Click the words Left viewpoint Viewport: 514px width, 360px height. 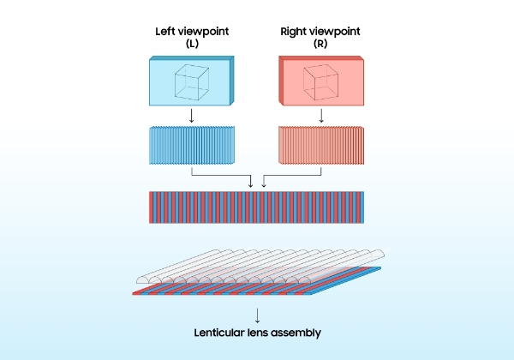click(192, 32)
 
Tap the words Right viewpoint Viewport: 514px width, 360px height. click(320, 32)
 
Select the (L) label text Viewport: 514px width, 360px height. click(192, 45)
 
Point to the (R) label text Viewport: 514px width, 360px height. click(320, 45)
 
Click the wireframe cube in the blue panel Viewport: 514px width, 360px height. click(193, 82)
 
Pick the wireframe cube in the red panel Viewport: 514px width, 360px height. click(321, 82)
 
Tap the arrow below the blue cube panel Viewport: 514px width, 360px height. click(192, 116)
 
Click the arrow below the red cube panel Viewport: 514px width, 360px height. click(320, 116)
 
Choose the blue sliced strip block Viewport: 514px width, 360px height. click(192, 143)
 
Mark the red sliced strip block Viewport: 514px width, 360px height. click(320, 143)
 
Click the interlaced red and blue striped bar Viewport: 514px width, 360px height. click(256, 207)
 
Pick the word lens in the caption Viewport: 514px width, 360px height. click(260, 333)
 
